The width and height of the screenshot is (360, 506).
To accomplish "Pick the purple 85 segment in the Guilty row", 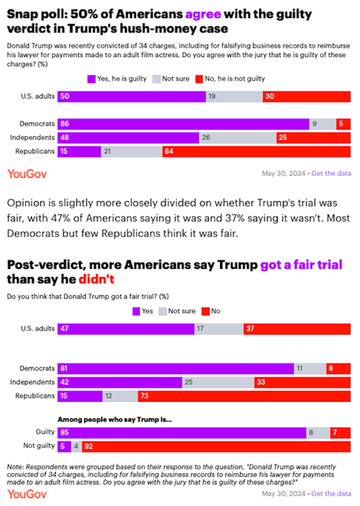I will click(x=180, y=431).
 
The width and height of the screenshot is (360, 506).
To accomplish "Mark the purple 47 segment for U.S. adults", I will click(x=125, y=329).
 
